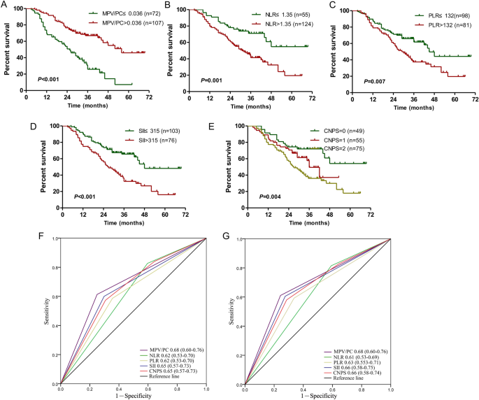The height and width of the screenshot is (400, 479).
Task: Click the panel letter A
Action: (x=5, y=6)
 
